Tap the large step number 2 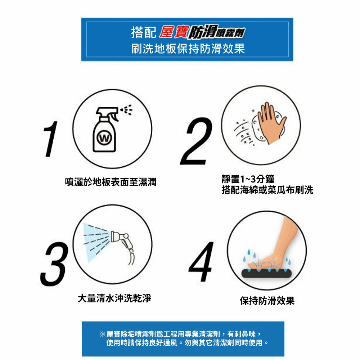(x=197, y=141)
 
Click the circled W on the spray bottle (x=104, y=138)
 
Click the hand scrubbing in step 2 (x=271, y=123)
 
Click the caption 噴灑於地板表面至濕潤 (x=111, y=182)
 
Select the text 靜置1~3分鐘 (x=248, y=179)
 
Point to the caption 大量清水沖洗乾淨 (x=114, y=298)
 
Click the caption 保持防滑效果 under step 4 (x=267, y=301)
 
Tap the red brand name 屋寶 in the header (x=174, y=32)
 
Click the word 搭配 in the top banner (x=144, y=32)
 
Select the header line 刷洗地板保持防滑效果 (x=188, y=49)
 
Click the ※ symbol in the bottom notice (x=103, y=334)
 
